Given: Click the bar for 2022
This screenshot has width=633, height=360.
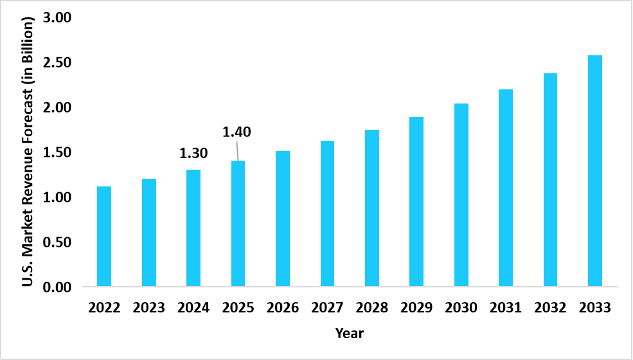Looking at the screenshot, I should (x=104, y=236).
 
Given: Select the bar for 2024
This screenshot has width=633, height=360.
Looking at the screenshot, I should (x=193, y=228).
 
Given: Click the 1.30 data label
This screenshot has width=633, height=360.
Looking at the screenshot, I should (x=193, y=154).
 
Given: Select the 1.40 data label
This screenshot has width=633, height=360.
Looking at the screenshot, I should (x=236, y=132).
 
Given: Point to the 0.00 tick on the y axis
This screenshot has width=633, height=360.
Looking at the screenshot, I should (x=57, y=287).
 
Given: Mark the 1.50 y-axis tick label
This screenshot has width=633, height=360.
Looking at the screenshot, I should (x=57, y=152).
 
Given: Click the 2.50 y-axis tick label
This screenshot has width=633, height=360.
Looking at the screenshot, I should (x=57, y=62).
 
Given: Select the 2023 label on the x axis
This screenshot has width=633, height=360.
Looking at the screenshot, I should (x=149, y=308).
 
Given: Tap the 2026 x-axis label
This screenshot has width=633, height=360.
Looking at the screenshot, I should (x=283, y=308).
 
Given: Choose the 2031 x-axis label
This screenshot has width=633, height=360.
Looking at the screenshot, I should (x=506, y=308).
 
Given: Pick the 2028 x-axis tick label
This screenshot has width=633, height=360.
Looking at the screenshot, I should (x=372, y=308).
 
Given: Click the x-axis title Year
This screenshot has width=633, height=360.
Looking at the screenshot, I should (x=349, y=334).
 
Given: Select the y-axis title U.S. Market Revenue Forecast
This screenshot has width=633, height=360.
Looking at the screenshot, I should (x=28, y=152).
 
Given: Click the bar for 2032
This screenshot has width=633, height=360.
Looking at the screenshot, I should (x=551, y=180).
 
